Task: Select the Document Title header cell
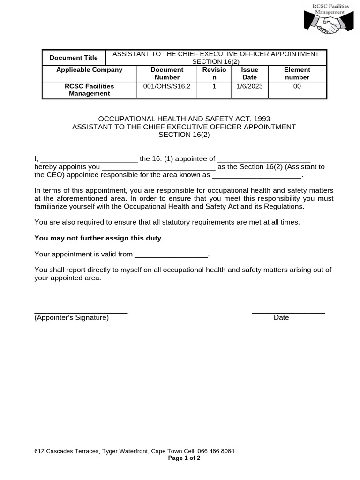point(74,58)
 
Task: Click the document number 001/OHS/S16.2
point(167,86)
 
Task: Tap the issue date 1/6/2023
point(250,86)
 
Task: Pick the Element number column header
point(297,74)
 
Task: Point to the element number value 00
point(297,86)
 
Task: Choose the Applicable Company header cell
point(89,70)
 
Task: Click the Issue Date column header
point(250,74)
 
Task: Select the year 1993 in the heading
point(262,119)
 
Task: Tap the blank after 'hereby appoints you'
point(158,167)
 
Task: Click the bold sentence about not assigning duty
point(99,238)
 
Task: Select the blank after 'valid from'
point(171,255)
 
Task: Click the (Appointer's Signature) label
point(72,318)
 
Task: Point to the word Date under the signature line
point(281,318)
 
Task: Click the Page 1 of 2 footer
point(184,458)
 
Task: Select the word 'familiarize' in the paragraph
point(52,206)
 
